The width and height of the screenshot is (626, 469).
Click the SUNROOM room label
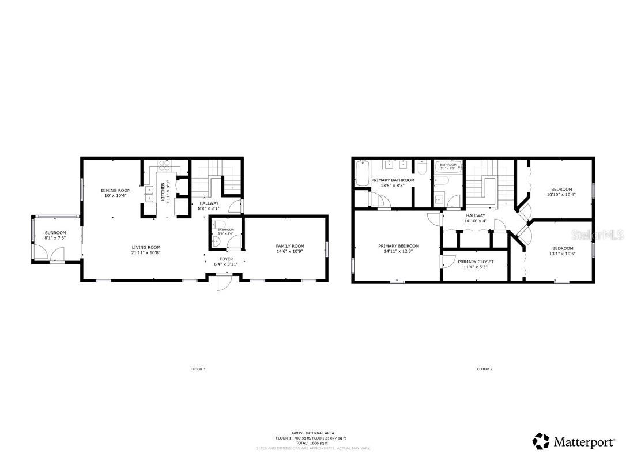[x=55, y=233]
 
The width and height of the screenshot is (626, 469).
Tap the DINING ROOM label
[x=116, y=190]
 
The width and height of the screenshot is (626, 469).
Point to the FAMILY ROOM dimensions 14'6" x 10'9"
[x=290, y=251]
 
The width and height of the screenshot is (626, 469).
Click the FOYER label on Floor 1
[x=226, y=259]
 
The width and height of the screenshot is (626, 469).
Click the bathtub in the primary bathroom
[x=363, y=173]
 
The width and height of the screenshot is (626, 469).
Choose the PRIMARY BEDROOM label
[x=398, y=246]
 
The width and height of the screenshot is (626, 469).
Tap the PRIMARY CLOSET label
[x=476, y=262]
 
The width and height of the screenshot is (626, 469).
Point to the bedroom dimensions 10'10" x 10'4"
[x=561, y=195]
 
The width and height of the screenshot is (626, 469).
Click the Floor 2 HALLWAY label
[x=476, y=215]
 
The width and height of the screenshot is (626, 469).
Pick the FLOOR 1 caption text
[x=198, y=369]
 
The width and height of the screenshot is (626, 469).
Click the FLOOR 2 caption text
[x=484, y=369]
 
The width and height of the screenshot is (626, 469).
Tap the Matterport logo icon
[x=541, y=442]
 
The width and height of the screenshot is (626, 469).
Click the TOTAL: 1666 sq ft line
[x=312, y=442]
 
